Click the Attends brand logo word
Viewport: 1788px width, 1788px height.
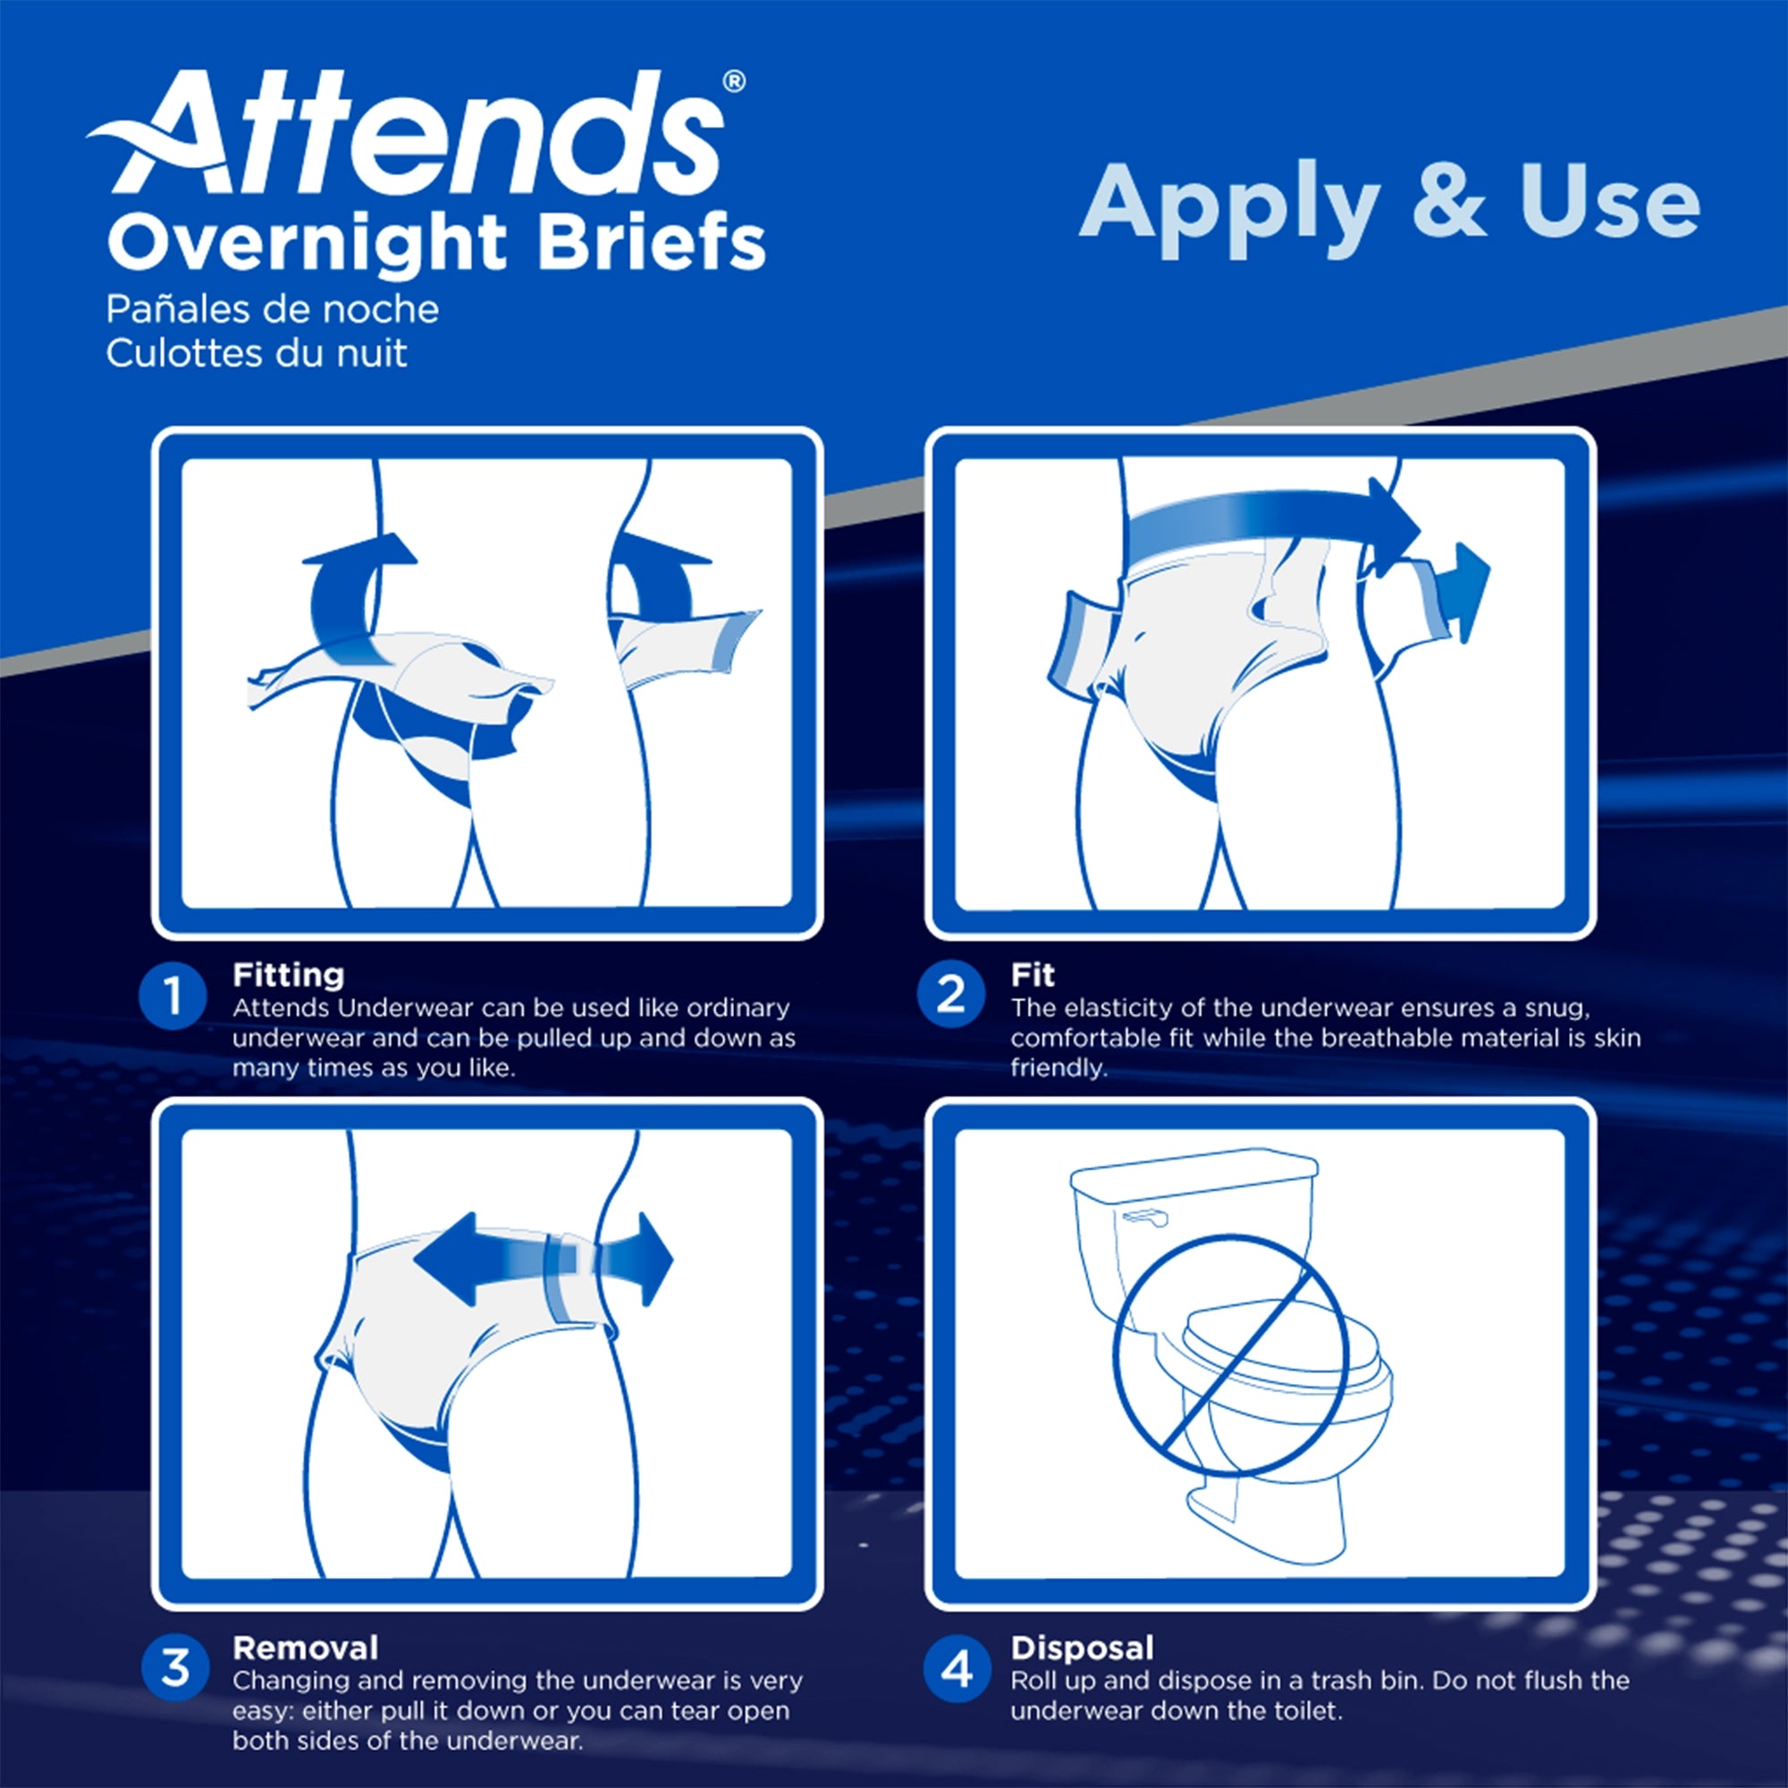tap(417, 134)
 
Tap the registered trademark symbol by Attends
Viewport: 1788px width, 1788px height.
tap(732, 82)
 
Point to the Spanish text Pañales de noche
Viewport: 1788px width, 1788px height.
tap(271, 309)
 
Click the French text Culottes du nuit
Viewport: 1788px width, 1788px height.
tap(256, 353)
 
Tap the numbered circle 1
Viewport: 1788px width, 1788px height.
tap(173, 997)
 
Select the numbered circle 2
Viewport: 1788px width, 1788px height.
tap(950, 995)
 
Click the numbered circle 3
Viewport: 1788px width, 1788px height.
tap(174, 1666)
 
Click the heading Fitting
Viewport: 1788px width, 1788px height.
tap(288, 974)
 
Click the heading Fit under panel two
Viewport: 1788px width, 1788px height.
tap(1032, 974)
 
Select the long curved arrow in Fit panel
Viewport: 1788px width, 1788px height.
tap(1268, 525)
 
